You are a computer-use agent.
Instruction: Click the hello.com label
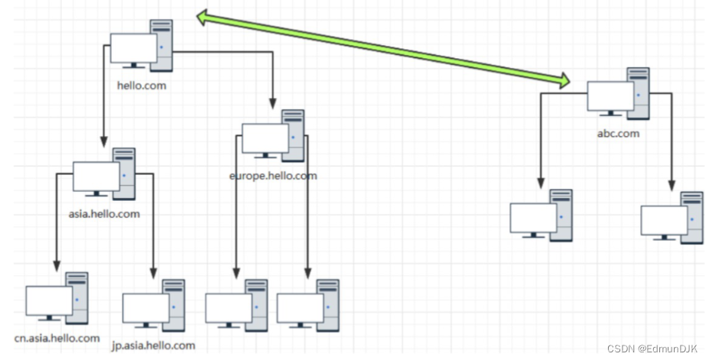[141, 86]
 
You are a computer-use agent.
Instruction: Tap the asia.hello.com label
[104, 214]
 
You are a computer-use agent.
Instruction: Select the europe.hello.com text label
[272, 176]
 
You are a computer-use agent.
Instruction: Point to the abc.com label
[618, 133]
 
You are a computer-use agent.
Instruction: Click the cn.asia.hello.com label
[57, 338]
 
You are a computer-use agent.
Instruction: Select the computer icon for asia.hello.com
[104, 176]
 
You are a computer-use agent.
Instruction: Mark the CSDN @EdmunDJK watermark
[652, 349]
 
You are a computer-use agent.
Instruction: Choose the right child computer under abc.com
[672, 219]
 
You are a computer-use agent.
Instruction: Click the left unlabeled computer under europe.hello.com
[237, 306]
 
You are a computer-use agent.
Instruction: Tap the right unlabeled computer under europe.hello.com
[308, 306]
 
